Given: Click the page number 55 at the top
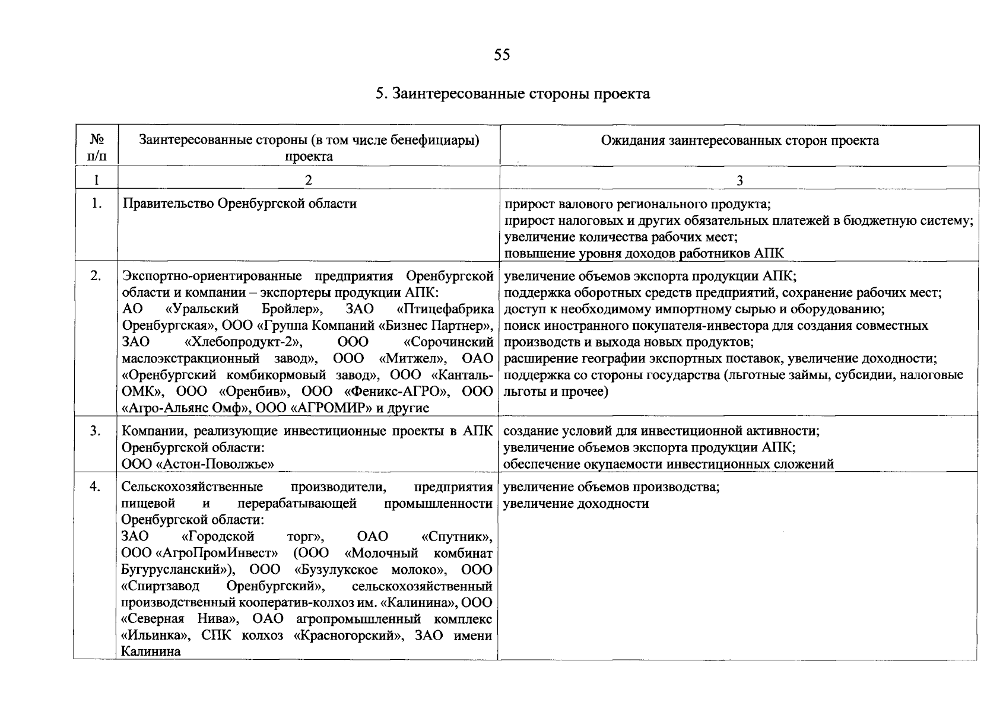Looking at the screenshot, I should (501, 55).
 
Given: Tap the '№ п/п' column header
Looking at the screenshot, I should (97, 148).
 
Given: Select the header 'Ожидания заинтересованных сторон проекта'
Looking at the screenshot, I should (739, 141).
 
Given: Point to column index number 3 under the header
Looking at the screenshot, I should (739, 180).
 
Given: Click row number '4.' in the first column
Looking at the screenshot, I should (96, 487).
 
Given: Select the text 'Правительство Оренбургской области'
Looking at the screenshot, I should (239, 204).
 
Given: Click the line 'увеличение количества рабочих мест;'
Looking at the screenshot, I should (620, 237).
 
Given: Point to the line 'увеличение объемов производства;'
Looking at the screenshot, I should (611, 488).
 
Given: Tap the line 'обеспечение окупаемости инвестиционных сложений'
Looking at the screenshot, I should (668, 464).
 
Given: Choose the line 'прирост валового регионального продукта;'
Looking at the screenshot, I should (637, 205).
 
